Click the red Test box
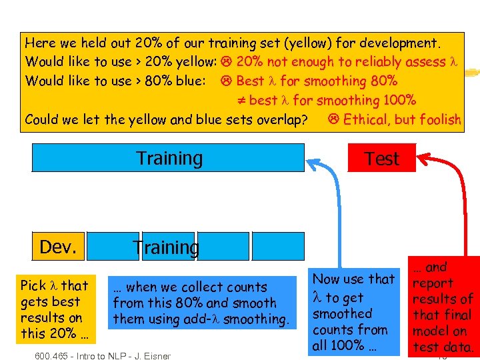point(381,159)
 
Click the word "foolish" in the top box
point(437,119)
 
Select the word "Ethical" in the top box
point(366,119)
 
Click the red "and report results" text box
point(443,306)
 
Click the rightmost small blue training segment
point(278,246)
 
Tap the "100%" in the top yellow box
point(399,101)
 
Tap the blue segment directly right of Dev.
point(113,246)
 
